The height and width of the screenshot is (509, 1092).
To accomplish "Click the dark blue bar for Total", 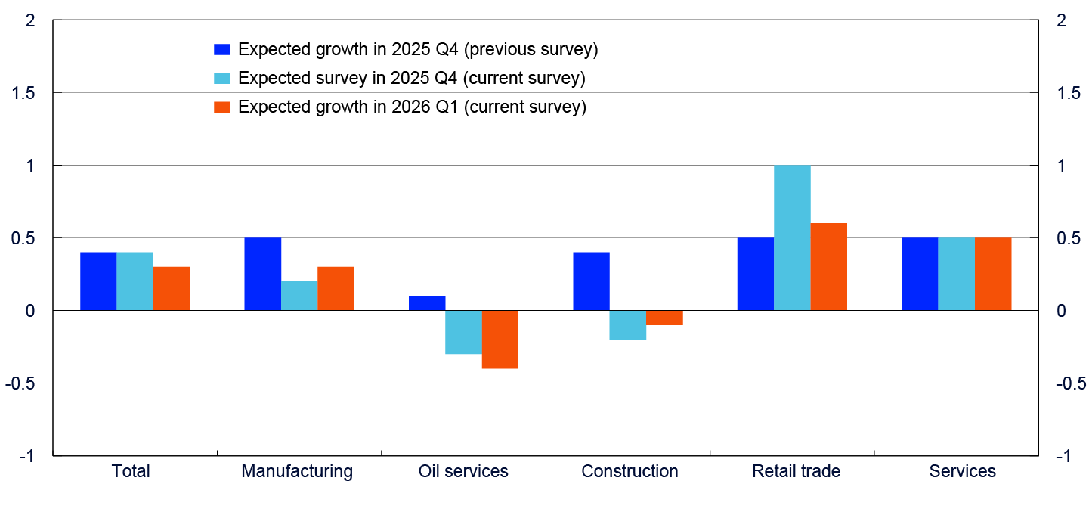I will (x=98, y=281).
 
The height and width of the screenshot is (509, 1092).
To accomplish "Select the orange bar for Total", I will (x=172, y=288).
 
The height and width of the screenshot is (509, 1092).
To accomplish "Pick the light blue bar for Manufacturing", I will (x=299, y=296).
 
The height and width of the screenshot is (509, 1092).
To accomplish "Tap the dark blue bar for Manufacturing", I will (x=262, y=274).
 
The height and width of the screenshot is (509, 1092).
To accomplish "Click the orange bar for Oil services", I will (x=500, y=340).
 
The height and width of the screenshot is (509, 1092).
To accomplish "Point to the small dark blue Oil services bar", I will (x=427, y=303).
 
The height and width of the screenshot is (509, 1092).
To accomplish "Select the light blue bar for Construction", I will (x=628, y=325).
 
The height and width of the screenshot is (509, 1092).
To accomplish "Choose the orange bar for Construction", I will (x=665, y=318).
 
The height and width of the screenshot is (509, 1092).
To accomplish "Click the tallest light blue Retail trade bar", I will (x=792, y=237).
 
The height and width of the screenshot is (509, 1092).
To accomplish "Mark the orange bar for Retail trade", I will (x=829, y=266).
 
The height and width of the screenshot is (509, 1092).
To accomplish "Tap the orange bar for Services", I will (x=993, y=274).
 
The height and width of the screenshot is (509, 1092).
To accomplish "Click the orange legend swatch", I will (x=222, y=107).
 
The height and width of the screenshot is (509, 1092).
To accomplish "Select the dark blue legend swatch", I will (x=222, y=50).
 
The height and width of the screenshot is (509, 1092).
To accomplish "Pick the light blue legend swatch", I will (x=222, y=79).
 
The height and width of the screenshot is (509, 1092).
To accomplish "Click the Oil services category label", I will (x=463, y=472).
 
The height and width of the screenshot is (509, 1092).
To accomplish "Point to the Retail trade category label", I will (x=796, y=472).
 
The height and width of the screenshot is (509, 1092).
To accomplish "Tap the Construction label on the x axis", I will (x=630, y=472).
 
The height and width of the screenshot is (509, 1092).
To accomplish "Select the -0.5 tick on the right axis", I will (x=1072, y=383).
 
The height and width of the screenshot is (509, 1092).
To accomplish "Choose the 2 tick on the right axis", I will (x=1061, y=20).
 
